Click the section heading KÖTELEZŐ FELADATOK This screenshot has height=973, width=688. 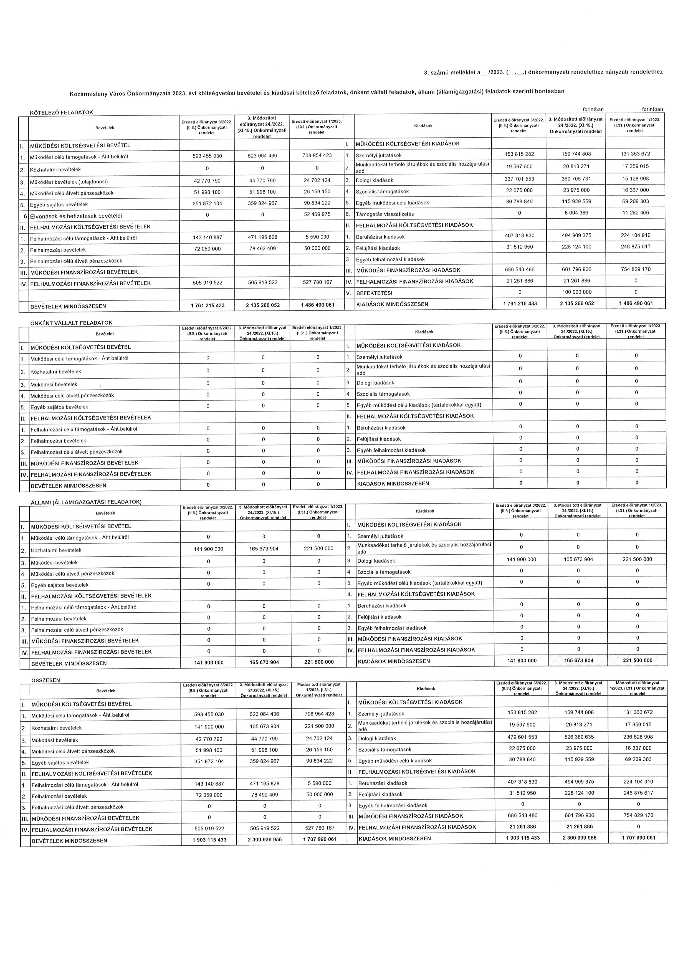[61, 112]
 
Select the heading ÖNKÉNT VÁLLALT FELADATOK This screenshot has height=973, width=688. [72, 323]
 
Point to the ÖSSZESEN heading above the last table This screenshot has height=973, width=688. [46, 680]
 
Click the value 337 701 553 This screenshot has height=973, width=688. [519, 179]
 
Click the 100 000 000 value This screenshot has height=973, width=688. [576, 292]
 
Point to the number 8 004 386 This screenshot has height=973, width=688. [576, 213]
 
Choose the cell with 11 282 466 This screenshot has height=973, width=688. [636, 213]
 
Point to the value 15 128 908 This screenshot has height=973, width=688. [636, 179]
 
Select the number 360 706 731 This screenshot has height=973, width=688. [576, 179]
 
